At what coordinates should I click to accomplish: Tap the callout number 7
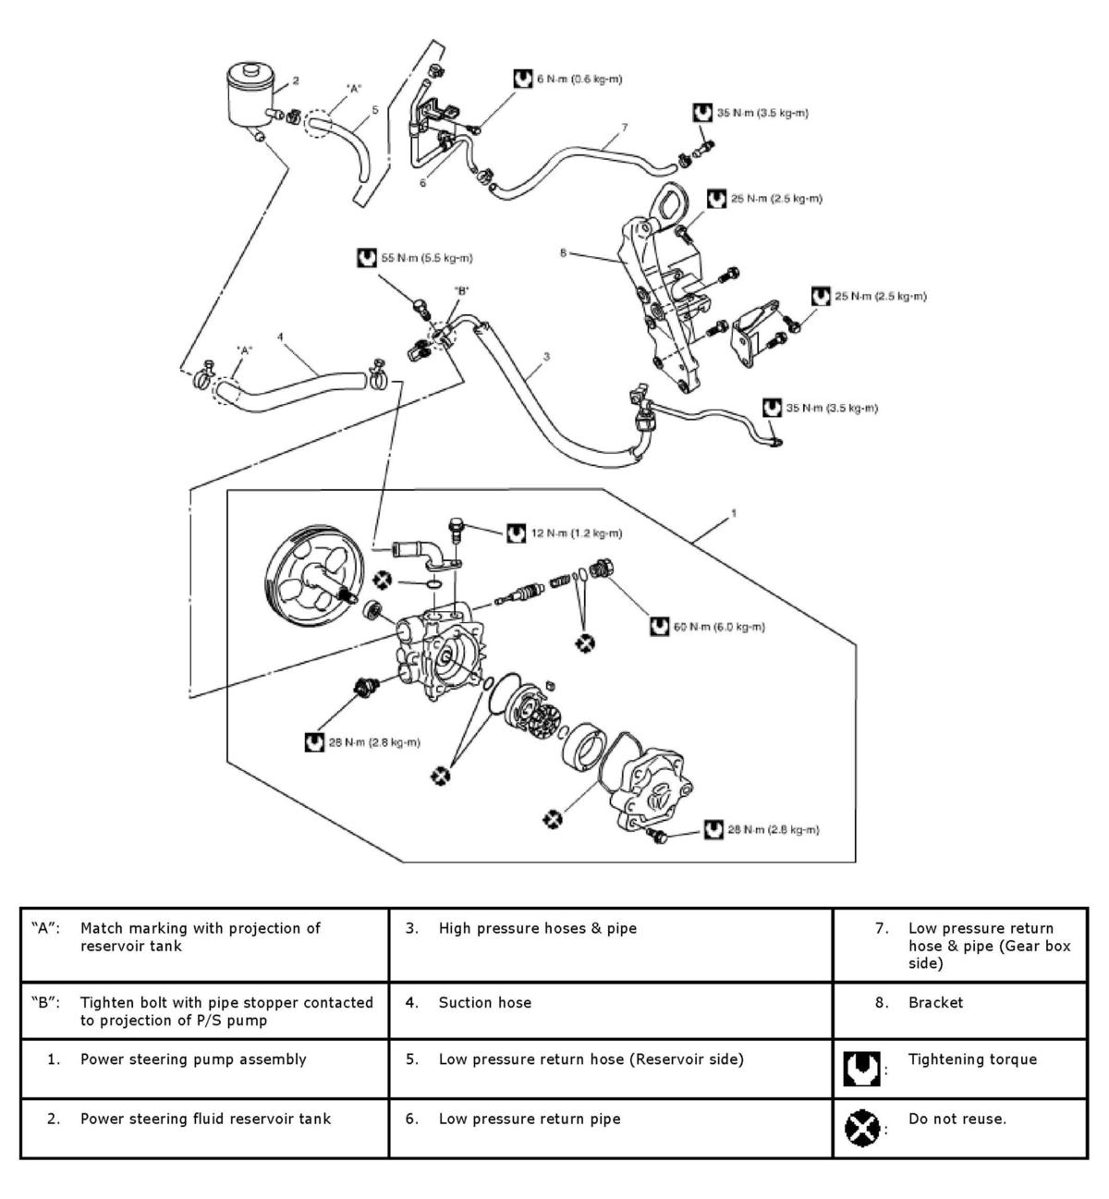pyautogui.click(x=625, y=127)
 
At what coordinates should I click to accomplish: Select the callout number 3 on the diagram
pyautogui.click(x=547, y=356)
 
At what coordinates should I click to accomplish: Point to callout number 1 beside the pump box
pyautogui.click(x=733, y=511)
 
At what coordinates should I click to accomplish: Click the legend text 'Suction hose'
pyautogui.click(x=485, y=1002)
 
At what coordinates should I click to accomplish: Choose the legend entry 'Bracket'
pyautogui.click(x=935, y=1002)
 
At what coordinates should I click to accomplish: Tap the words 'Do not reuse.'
pyautogui.click(x=957, y=1119)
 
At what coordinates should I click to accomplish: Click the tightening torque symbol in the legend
pyautogui.click(x=857, y=1069)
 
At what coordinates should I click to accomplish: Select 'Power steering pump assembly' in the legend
pyautogui.click(x=193, y=1059)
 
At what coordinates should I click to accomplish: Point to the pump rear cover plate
pyautogui.click(x=657, y=787)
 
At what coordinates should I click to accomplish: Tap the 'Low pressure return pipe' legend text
pyautogui.click(x=530, y=1119)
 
